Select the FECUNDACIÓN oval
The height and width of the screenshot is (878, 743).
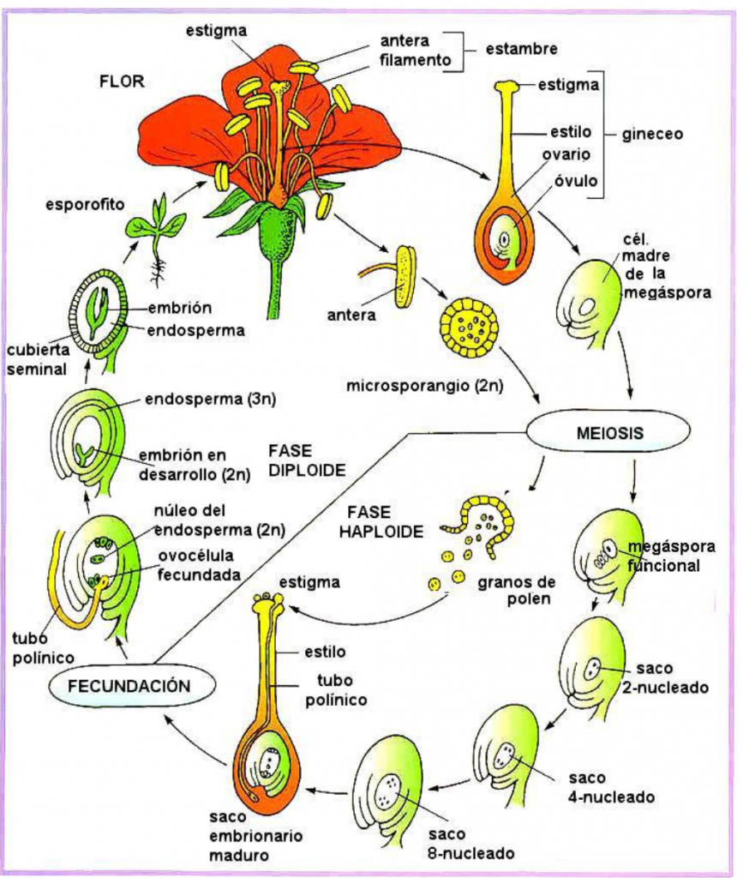coord(129,686)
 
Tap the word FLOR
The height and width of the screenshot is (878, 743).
coord(122,81)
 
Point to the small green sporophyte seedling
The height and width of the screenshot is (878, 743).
coord(156,229)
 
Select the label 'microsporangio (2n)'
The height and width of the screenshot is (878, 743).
coord(424,386)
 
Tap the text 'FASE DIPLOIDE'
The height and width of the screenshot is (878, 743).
coord(306,460)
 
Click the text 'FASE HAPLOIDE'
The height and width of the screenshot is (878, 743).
coord(380,521)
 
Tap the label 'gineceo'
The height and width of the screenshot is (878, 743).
coord(651,135)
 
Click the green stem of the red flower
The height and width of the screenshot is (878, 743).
coord(275,283)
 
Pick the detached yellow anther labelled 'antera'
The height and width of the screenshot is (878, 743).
coord(403,276)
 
